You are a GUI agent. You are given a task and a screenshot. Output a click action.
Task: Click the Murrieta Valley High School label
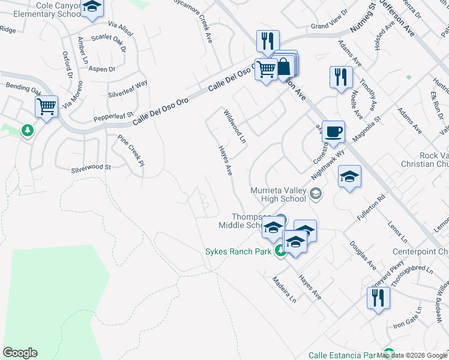(x=278, y=194)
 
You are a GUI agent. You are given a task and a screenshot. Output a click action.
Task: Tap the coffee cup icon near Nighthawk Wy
(x=333, y=131)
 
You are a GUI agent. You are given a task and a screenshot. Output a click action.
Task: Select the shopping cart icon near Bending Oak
(x=46, y=107)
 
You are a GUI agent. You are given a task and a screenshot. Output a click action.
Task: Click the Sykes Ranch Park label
(x=238, y=251)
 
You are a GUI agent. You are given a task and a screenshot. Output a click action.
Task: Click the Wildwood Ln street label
(x=235, y=127)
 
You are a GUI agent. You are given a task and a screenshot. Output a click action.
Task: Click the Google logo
(x=20, y=353)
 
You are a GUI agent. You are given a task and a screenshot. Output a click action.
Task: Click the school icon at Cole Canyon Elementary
(x=92, y=7)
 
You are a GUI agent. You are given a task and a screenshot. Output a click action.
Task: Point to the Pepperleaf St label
(x=113, y=114)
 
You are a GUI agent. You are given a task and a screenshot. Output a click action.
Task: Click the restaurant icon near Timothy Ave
(x=340, y=77)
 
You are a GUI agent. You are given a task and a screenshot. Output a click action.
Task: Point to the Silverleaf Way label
(x=127, y=89)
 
